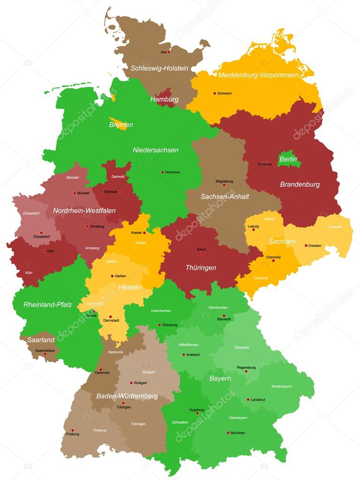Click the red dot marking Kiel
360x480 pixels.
(169, 52)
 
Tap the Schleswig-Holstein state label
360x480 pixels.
(159, 68)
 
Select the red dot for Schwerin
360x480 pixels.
(215, 93)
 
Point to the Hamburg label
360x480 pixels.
(164, 100)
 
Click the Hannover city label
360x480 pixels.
(172, 172)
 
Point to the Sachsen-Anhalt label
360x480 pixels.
(225, 197)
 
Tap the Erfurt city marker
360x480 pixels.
(202, 253)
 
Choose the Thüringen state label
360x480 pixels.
(201, 268)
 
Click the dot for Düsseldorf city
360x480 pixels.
(41, 232)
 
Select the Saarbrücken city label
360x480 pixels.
(45, 350)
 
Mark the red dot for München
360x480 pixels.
(228, 433)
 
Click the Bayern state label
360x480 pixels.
(220, 378)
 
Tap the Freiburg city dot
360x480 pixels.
(72, 430)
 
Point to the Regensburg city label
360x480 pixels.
(246, 367)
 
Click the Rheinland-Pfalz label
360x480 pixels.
(47, 305)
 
